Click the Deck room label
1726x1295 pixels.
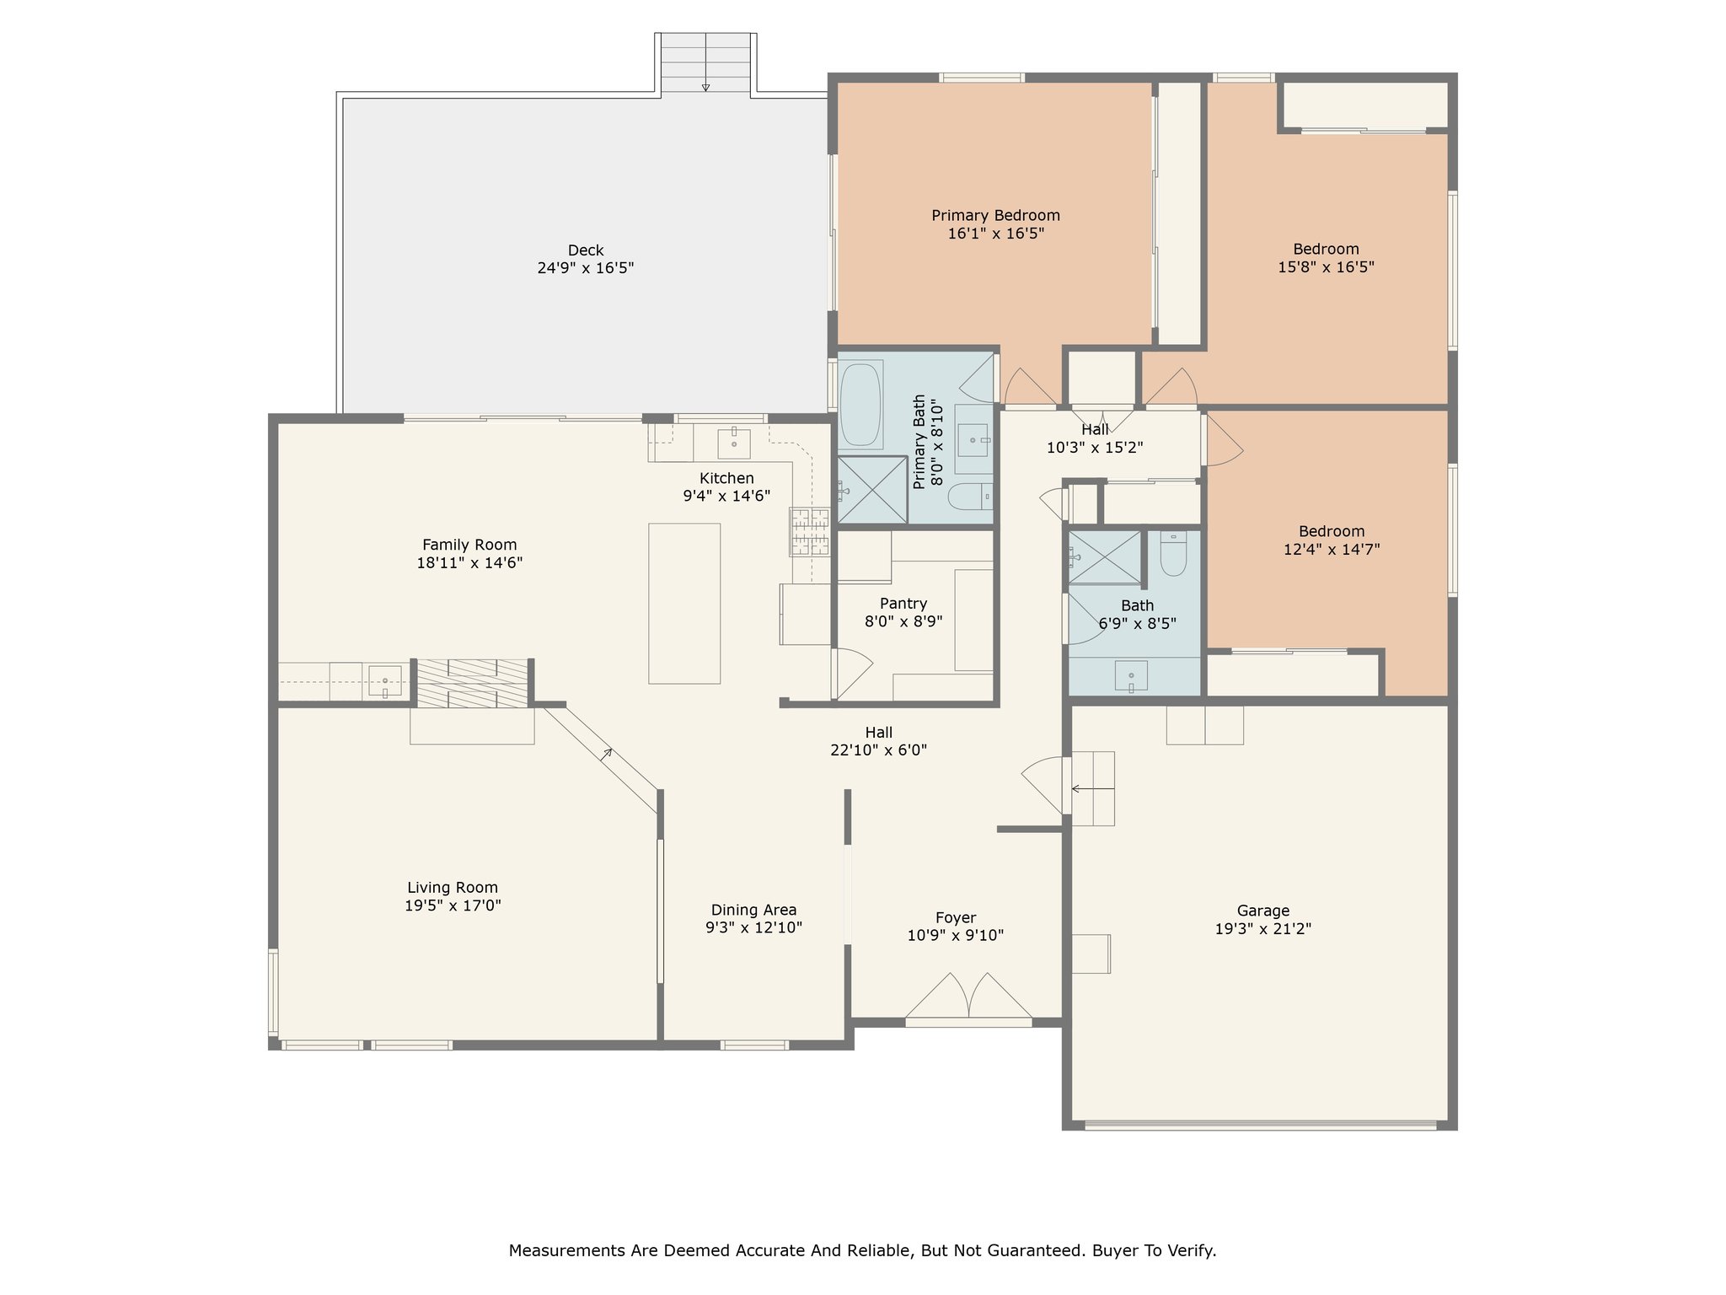[586, 250]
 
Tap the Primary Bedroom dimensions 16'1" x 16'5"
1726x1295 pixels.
[995, 234]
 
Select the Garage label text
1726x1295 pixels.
[1262, 911]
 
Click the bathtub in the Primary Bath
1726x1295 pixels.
[860, 404]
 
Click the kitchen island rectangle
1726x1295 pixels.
[684, 603]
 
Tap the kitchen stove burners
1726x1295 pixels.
[809, 531]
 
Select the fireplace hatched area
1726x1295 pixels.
[473, 683]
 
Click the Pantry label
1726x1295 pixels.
[903, 604]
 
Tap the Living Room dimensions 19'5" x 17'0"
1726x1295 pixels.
[453, 905]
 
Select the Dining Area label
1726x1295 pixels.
[753, 910]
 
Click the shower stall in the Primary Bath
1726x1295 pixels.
[872, 490]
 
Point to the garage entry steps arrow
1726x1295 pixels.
[1092, 789]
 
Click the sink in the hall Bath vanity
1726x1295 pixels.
[1131, 676]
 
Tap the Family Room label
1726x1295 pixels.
[469, 545]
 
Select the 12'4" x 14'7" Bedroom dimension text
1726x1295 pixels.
[1332, 550]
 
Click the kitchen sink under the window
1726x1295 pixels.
[734, 443]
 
